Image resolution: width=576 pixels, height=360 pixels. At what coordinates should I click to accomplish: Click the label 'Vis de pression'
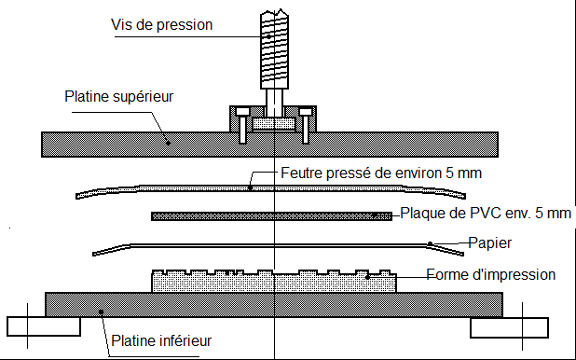[161, 25]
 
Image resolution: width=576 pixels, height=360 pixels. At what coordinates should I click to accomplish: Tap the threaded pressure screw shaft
[274, 48]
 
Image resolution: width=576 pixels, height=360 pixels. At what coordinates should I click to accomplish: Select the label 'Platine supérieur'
[118, 97]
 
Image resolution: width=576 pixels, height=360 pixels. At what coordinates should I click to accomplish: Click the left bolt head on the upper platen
[242, 111]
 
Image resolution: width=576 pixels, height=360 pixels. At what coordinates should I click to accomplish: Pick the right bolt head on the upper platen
[306, 111]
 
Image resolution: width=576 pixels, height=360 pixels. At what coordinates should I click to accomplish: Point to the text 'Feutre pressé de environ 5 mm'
[381, 173]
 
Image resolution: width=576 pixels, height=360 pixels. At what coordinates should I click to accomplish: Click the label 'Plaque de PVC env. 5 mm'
[486, 214]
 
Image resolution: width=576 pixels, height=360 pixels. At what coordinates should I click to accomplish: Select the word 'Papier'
[489, 243]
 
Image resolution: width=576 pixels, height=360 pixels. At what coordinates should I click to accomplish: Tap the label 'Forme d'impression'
[491, 275]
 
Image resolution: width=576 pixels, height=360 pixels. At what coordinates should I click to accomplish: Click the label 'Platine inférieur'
[161, 340]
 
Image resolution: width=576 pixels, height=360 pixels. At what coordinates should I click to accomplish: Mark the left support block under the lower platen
[44, 326]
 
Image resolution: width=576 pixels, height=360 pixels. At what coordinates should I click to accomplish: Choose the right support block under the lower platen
[509, 328]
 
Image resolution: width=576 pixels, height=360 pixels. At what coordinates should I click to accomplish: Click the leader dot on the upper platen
[169, 143]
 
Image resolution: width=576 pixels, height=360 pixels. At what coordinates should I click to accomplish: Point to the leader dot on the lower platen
[101, 312]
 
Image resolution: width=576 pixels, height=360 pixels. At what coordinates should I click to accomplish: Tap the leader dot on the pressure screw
[269, 36]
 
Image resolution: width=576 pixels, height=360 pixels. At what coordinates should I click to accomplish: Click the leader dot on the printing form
[367, 277]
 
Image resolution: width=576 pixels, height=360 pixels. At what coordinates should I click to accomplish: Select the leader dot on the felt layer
[250, 187]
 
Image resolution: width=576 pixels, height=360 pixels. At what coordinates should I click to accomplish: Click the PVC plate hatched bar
[272, 216]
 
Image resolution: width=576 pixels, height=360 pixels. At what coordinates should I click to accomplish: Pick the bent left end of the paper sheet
[111, 250]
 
